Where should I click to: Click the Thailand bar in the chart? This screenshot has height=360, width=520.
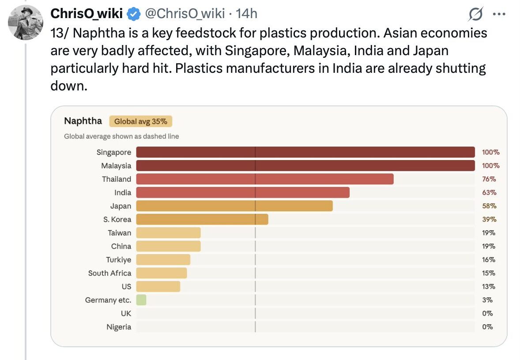click(264, 179)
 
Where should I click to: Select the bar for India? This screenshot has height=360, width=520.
click(242, 192)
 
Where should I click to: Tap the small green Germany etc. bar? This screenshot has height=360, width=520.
click(141, 300)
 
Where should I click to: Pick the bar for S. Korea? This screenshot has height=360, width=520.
click(202, 219)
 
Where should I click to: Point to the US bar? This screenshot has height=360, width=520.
click(158, 286)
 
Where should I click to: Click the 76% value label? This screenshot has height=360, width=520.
click(489, 179)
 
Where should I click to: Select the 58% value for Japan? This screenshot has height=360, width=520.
click(489, 206)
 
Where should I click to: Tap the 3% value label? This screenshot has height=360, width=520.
click(487, 300)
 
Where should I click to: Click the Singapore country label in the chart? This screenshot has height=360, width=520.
click(114, 152)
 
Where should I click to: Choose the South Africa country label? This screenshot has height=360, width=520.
click(109, 273)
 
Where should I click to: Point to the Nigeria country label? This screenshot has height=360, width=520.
click(119, 327)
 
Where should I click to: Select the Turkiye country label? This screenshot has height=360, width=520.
click(118, 259)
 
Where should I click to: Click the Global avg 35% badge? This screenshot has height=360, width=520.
click(140, 121)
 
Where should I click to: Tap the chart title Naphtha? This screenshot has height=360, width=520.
click(83, 121)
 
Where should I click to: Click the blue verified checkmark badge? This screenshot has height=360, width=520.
click(133, 15)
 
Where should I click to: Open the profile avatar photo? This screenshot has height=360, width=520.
click(26, 22)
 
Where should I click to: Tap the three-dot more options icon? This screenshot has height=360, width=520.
click(499, 15)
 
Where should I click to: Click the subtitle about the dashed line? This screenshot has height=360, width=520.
click(121, 136)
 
